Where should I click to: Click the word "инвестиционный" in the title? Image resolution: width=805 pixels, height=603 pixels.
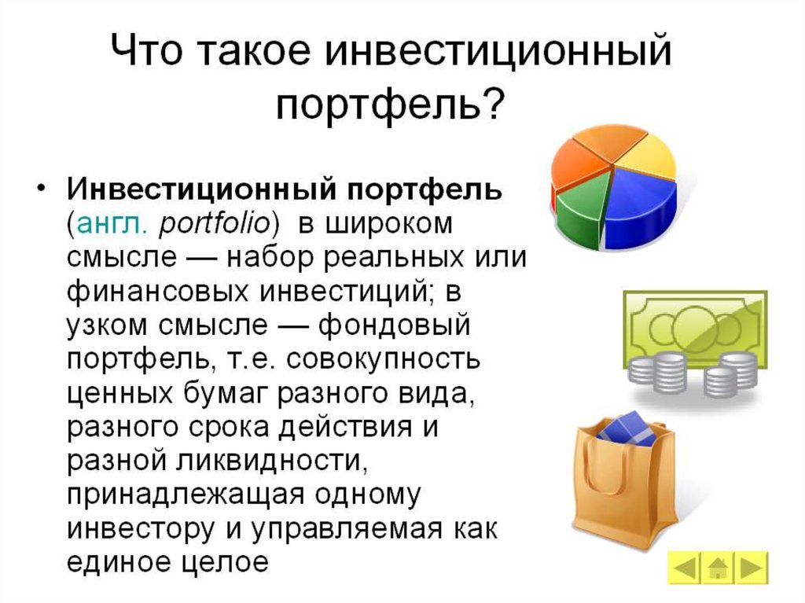(498, 51)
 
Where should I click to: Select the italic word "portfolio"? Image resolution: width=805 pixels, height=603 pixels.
(214, 224)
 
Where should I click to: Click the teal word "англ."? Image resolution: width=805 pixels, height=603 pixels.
(112, 225)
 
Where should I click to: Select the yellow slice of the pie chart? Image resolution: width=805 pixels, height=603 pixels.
(646, 154)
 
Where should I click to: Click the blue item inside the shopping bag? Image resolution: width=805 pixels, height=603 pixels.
(627, 429)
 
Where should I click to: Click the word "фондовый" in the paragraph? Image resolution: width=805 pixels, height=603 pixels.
(394, 325)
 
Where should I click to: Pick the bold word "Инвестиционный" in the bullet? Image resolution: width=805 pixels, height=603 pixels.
(201, 189)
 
